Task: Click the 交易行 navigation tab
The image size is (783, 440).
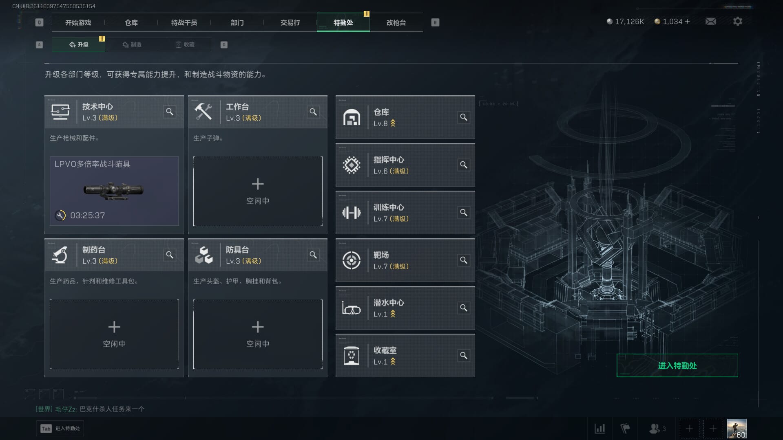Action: click(290, 23)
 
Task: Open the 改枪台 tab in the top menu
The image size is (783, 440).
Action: click(396, 23)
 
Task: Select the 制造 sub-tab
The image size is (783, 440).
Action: click(132, 45)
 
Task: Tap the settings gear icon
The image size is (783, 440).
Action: click(737, 22)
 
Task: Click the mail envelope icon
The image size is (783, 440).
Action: click(711, 22)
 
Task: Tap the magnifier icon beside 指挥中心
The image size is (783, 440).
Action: click(464, 165)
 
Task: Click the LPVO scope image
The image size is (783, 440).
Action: click(114, 190)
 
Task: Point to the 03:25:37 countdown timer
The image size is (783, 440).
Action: click(87, 216)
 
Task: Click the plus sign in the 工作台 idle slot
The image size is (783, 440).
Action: click(258, 184)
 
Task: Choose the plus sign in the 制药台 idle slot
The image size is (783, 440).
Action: click(114, 327)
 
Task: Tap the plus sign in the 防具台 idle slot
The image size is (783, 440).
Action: click(258, 327)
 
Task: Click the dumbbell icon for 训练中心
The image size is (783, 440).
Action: click(351, 213)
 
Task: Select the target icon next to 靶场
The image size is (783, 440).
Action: click(351, 260)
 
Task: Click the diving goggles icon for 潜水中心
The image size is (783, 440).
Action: click(351, 308)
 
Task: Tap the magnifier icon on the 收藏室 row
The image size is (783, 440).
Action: click(464, 356)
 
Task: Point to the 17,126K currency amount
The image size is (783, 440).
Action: click(629, 22)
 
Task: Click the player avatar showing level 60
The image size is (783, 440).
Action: click(737, 429)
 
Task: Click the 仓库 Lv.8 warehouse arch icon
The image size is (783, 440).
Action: click(351, 118)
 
